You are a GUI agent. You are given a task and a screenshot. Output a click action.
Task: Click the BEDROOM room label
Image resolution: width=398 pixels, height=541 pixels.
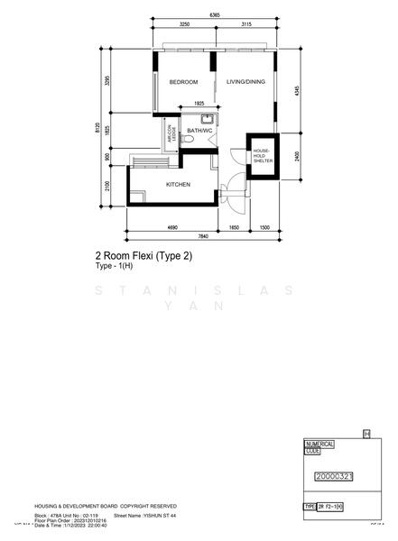click(183, 82)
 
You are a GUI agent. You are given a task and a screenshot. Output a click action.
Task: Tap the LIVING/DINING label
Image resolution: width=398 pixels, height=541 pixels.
click(245, 82)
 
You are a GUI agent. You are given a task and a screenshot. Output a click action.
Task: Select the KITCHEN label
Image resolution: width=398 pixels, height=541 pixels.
click(178, 185)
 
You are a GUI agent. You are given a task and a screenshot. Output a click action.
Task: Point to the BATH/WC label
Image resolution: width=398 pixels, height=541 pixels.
click(199, 132)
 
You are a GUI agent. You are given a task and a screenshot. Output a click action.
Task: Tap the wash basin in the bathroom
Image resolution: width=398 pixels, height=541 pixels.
click(207, 119)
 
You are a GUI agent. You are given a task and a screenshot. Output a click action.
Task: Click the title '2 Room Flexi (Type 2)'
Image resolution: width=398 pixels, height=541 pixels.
click(143, 256)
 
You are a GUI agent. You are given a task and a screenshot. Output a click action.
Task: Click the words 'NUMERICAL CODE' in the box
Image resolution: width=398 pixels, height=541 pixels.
click(320, 447)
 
